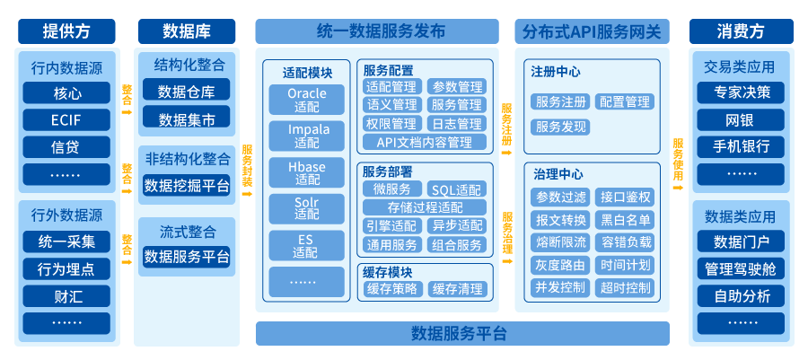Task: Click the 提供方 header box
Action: (x=66, y=31)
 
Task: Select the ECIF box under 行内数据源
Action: (x=66, y=119)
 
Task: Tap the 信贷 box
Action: (x=66, y=146)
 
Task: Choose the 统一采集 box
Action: (x=66, y=241)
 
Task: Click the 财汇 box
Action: (x=66, y=295)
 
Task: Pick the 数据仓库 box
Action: (x=186, y=91)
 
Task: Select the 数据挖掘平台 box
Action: (x=186, y=186)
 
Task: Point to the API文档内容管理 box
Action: (x=424, y=142)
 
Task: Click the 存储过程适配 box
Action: (x=424, y=207)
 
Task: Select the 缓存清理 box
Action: (x=457, y=289)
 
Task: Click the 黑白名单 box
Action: (x=627, y=220)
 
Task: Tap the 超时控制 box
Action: (x=627, y=288)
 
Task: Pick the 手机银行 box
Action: (x=741, y=146)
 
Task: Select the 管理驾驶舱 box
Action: (x=741, y=268)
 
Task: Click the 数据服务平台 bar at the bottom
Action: (x=461, y=334)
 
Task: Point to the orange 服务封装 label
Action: (x=248, y=166)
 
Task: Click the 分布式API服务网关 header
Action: (x=593, y=31)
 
